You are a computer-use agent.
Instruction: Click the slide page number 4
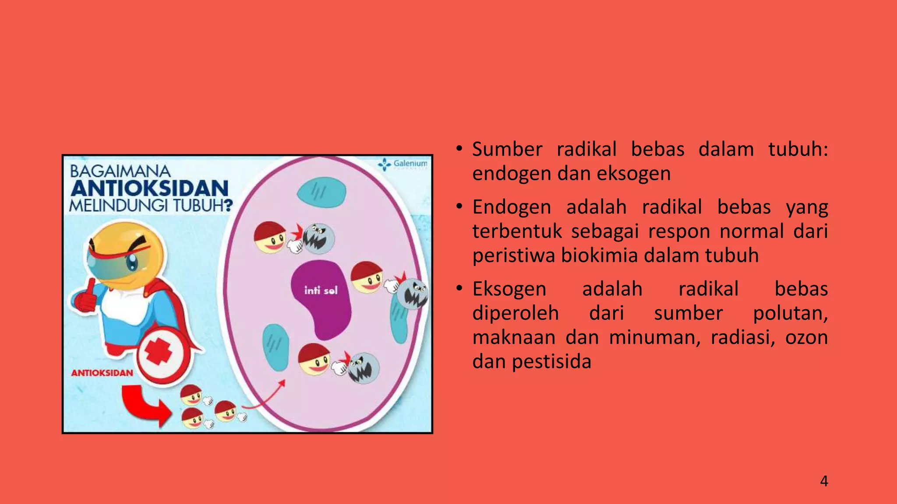tap(824, 481)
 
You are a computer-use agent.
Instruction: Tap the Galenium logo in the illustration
tap(403, 164)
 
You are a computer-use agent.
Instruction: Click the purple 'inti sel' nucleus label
tap(321, 290)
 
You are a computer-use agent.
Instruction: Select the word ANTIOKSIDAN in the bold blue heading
tap(150, 189)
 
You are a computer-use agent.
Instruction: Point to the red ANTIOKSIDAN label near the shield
tap(102, 373)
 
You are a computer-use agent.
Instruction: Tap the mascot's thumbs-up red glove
tap(86, 297)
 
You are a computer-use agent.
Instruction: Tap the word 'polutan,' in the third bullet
tap(790, 313)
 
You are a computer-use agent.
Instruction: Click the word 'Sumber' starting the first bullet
tap(507, 150)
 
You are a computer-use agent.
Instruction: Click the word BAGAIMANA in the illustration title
tap(120, 171)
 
